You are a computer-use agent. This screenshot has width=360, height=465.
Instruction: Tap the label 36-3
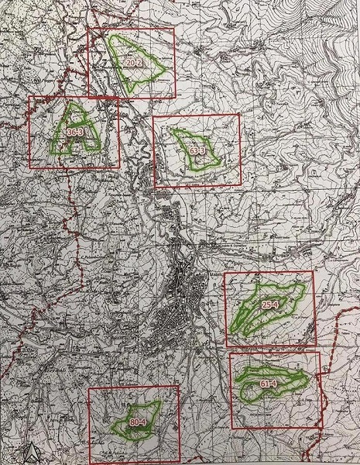tap(75, 133)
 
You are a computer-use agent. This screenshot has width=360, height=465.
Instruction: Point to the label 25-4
tap(270, 305)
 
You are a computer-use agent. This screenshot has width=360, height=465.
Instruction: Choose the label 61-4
tap(269, 383)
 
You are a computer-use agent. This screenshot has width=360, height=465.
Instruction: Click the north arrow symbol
tap(29, 453)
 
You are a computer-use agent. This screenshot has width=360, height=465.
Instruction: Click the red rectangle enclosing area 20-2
tap(88, 62)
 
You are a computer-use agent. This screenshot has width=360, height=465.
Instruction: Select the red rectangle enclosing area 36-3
tap(29, 132)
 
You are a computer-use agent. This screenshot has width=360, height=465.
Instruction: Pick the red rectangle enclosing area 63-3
tap(154, 152)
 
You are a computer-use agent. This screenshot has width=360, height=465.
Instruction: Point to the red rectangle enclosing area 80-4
tap(89, 422)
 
